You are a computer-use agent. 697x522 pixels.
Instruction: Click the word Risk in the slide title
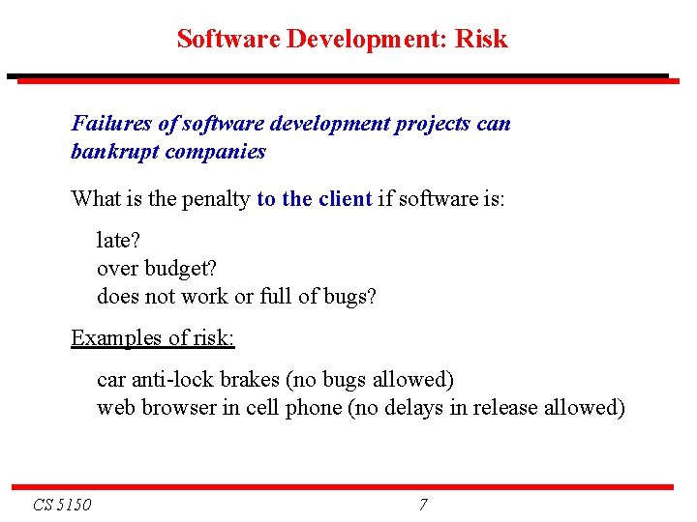point(481,40)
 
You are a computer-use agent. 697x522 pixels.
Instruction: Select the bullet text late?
point(117,238)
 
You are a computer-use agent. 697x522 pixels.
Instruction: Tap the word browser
point(180,408)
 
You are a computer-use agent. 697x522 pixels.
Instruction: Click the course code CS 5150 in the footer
point(62,505)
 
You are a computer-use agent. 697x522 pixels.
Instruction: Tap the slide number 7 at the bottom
point(423,505)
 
